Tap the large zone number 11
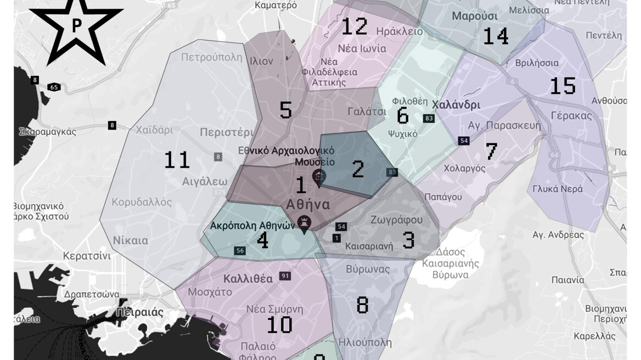(177, 160)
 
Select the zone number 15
(563, 86)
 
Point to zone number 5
(285, 110)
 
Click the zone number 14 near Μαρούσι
(496, 36)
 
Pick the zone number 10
(279, 325)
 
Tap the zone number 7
(491, 151)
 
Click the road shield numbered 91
(284, 275)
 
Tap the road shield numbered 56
(240, 250)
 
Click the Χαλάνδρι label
(456, 104)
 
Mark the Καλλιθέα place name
(248, 278)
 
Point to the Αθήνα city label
(308, 205)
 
